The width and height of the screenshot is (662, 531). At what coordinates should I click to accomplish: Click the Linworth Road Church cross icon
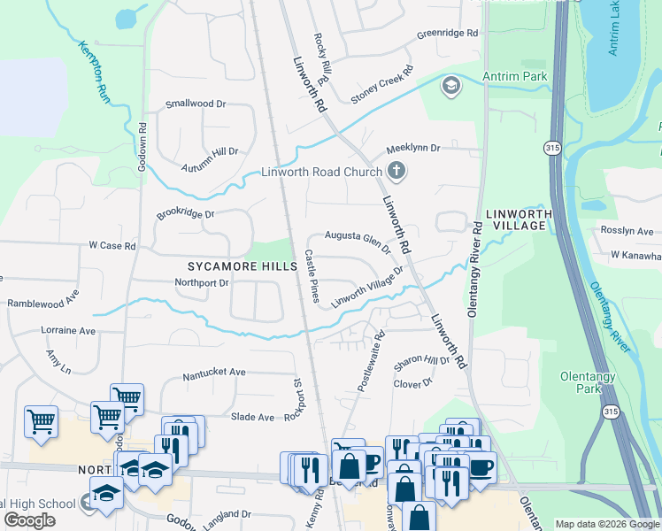pyautogui.click(x=396, y=171)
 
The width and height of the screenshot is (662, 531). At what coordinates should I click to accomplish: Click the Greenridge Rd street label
pyautogui.click(x=447, y=33)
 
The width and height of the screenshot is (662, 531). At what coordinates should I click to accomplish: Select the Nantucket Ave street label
pyautogui.click(x=213, y=373)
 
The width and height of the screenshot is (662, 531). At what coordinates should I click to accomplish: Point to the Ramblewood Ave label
pyautogui.click(x=43, y=298)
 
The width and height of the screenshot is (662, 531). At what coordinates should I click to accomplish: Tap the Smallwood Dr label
pyautogui.click(x=196, y=104)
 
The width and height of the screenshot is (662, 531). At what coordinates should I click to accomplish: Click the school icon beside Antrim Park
pyautogui.click(x=451, y=86)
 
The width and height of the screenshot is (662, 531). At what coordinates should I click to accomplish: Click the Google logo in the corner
pyautogui.click(x=29, y=520)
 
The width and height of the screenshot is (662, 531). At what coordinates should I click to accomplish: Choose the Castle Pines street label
pyautogui.click(x=312, y=274)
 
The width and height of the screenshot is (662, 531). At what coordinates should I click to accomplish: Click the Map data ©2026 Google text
pyautogui.click(x=607, y=524)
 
